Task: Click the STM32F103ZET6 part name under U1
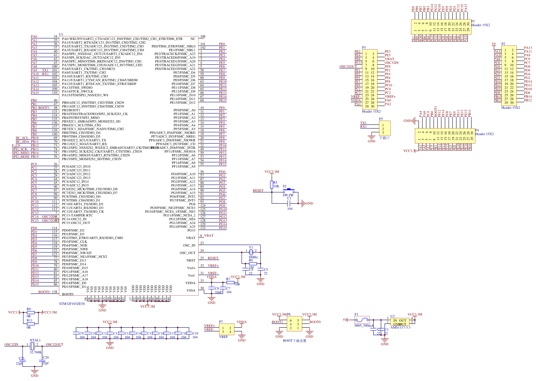click(72, 304)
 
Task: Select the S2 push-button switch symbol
click(289, 191)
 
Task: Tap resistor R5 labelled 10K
click(271, 184)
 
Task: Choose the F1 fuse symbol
click(362, 320)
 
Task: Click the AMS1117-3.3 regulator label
click(400, 327)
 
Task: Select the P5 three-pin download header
click(385, 129)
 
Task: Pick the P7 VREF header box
click(227, 330)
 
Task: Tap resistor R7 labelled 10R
click(230, 282)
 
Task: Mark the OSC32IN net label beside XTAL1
click(11, 344)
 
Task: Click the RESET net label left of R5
click(258, 190)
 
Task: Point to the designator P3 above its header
click(364, 48)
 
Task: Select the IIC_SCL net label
click(22, 138)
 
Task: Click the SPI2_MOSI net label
click(20, 157)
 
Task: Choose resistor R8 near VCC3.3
click(30, 312)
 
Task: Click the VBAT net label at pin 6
click(209, 236)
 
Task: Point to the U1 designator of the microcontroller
click(61, 34)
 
